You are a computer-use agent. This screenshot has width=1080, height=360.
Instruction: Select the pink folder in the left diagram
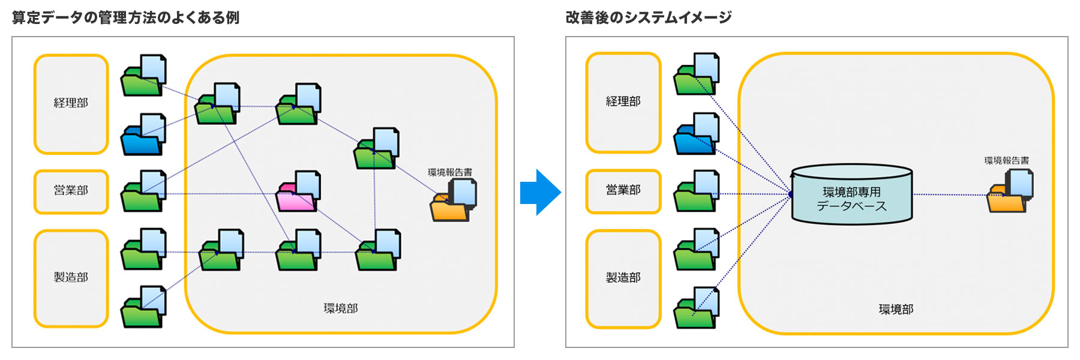298,193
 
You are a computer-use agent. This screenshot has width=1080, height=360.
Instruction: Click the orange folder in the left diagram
452,202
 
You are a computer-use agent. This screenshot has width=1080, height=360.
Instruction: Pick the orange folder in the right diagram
1009,192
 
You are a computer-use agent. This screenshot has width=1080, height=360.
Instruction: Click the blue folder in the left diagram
143,136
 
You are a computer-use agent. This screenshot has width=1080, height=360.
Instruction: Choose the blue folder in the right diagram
696,135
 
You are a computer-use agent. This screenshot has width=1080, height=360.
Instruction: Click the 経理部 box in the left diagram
71,104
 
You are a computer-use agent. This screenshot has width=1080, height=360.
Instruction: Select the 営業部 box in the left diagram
71,191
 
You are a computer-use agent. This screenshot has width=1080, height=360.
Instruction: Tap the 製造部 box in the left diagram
71,278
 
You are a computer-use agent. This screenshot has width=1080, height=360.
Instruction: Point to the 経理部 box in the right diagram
623,103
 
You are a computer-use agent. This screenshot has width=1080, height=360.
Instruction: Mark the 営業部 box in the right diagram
623,191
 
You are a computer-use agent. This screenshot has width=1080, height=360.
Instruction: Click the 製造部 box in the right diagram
623,278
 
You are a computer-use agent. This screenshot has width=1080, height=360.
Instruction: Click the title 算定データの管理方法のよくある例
125,17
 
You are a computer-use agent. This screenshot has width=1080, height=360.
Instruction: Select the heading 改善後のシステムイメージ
648,17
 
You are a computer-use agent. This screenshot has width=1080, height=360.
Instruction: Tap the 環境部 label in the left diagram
341,308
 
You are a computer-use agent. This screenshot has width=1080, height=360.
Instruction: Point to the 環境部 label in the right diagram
896,310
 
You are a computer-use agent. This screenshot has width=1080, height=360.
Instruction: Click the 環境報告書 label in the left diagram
449,172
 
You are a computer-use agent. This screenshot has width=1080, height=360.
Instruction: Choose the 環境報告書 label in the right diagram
1006,161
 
